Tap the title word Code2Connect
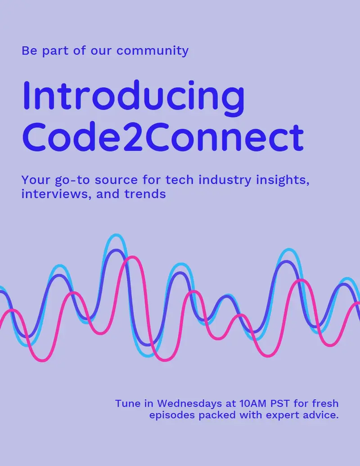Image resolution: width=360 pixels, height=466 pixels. [x=163, y=137]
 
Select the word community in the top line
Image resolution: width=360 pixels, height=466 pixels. [x=153, y=51]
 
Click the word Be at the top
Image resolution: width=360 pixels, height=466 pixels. [x=29, y=50]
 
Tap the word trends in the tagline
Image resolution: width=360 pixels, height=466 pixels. [x=145, y=194]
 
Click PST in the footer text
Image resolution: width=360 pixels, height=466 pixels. [x=280, y=403]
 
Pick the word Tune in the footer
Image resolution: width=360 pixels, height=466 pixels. [x=128, y=403]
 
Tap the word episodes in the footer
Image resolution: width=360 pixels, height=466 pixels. [x=172, y=415]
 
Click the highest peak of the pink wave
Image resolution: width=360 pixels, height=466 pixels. [x=131, y=258]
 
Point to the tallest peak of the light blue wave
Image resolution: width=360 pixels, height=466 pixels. [x=116, y=235]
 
